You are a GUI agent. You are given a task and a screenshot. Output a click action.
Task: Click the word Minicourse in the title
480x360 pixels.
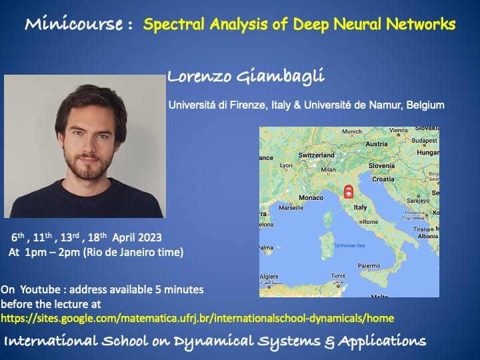click(x=74, y=23)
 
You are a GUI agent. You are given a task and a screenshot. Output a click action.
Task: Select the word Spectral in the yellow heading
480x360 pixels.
click(x=174, y=24)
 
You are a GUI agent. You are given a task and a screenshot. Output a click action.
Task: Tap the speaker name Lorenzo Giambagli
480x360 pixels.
click(x=245, y=76)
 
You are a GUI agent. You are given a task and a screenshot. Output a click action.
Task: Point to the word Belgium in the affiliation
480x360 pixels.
click(x=425, y=105)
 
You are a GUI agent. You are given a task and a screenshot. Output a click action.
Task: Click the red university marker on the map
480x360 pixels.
click(x=348, y=192)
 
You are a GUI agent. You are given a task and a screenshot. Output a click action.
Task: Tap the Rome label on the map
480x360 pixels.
click(x=369, y=222)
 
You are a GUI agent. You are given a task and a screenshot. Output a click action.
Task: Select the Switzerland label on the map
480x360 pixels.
click(x=316, y=155)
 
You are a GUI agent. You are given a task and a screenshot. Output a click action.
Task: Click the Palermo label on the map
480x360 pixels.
click(x=369, y=266)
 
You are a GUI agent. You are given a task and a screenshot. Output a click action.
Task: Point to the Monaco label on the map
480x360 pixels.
click(x=311, y=198)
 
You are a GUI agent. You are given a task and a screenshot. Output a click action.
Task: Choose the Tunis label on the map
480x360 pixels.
click(x=338, y=275)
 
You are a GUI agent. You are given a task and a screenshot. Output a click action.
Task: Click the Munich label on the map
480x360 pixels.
click(x=352, y=131)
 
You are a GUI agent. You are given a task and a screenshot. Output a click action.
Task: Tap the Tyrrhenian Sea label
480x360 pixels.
click(x=349, y=245)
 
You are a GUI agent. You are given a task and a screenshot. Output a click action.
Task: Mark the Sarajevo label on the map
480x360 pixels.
click(x=418, y=201)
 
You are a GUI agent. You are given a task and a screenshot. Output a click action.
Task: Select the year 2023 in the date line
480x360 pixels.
click(x=150, y=237)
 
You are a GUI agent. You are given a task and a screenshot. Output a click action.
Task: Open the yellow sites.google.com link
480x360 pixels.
click(x=197, y=319)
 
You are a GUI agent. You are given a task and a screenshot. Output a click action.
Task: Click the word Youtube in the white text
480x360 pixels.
click(x=40, y=289)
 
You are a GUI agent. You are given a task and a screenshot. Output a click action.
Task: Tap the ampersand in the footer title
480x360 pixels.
click(x=329, y=342)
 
